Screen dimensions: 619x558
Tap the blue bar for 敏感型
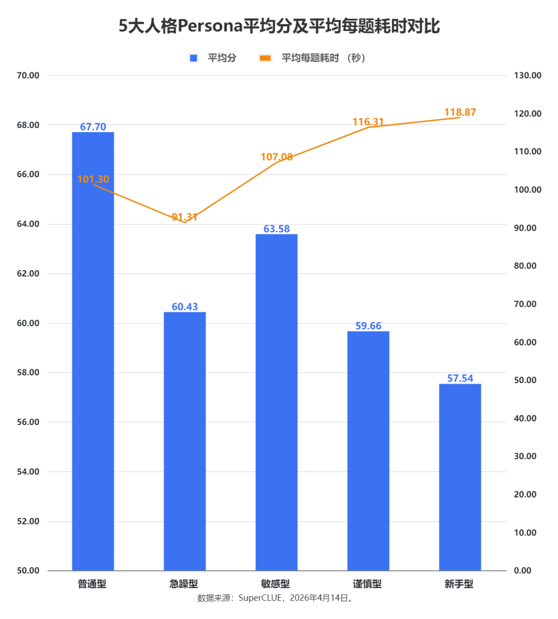click(276, 402)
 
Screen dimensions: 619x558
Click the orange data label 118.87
click(460, 113)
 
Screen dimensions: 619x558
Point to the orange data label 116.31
click(368, 122)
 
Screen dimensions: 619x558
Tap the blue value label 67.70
click(93, 126)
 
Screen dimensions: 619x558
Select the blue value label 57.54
click(460, 378)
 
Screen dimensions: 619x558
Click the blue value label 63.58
click(276, 229)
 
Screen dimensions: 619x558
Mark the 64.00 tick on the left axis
click(28, 224)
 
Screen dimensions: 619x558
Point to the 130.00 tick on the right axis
click(528, 75)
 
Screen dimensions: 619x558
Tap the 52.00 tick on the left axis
click(28, 521)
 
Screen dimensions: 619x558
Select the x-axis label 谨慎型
click(367, 584)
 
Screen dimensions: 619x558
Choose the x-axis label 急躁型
click(184, 584)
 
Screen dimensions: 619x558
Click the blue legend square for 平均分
click(194, 58)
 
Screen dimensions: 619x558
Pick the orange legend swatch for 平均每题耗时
click(265, 58)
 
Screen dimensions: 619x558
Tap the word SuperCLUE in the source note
click(260, 598)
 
